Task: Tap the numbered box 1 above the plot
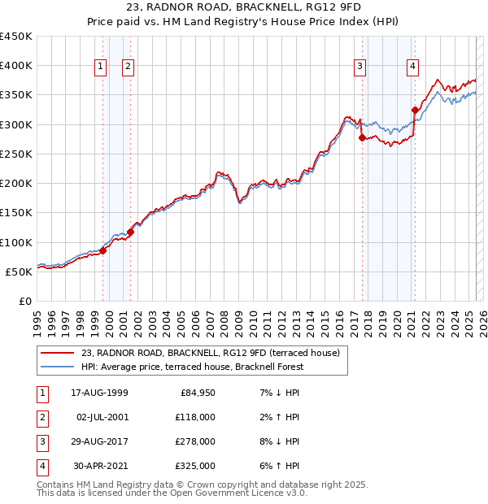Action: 101,67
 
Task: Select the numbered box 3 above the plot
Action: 359,67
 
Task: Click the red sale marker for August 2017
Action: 363,138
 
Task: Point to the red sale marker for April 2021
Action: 415,111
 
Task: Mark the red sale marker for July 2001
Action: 130,232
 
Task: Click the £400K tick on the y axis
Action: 16,66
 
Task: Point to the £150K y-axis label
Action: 16,213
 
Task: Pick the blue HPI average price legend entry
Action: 192,367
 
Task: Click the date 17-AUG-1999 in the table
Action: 99,392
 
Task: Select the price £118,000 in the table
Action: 197,416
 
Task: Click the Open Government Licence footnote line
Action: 172,493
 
